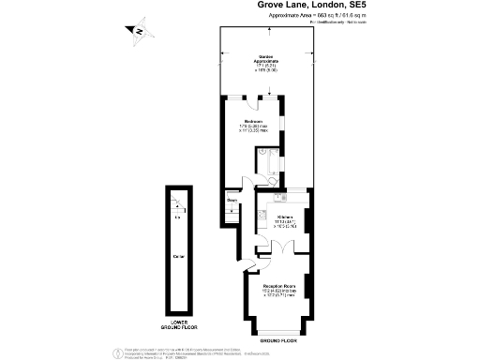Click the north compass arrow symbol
click(x=138, y=32)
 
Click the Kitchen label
click(x=285, y=217)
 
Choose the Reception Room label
click(x=279, y=285)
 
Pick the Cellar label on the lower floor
click(x=178, y=256)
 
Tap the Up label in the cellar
click(x=178, y=218)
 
